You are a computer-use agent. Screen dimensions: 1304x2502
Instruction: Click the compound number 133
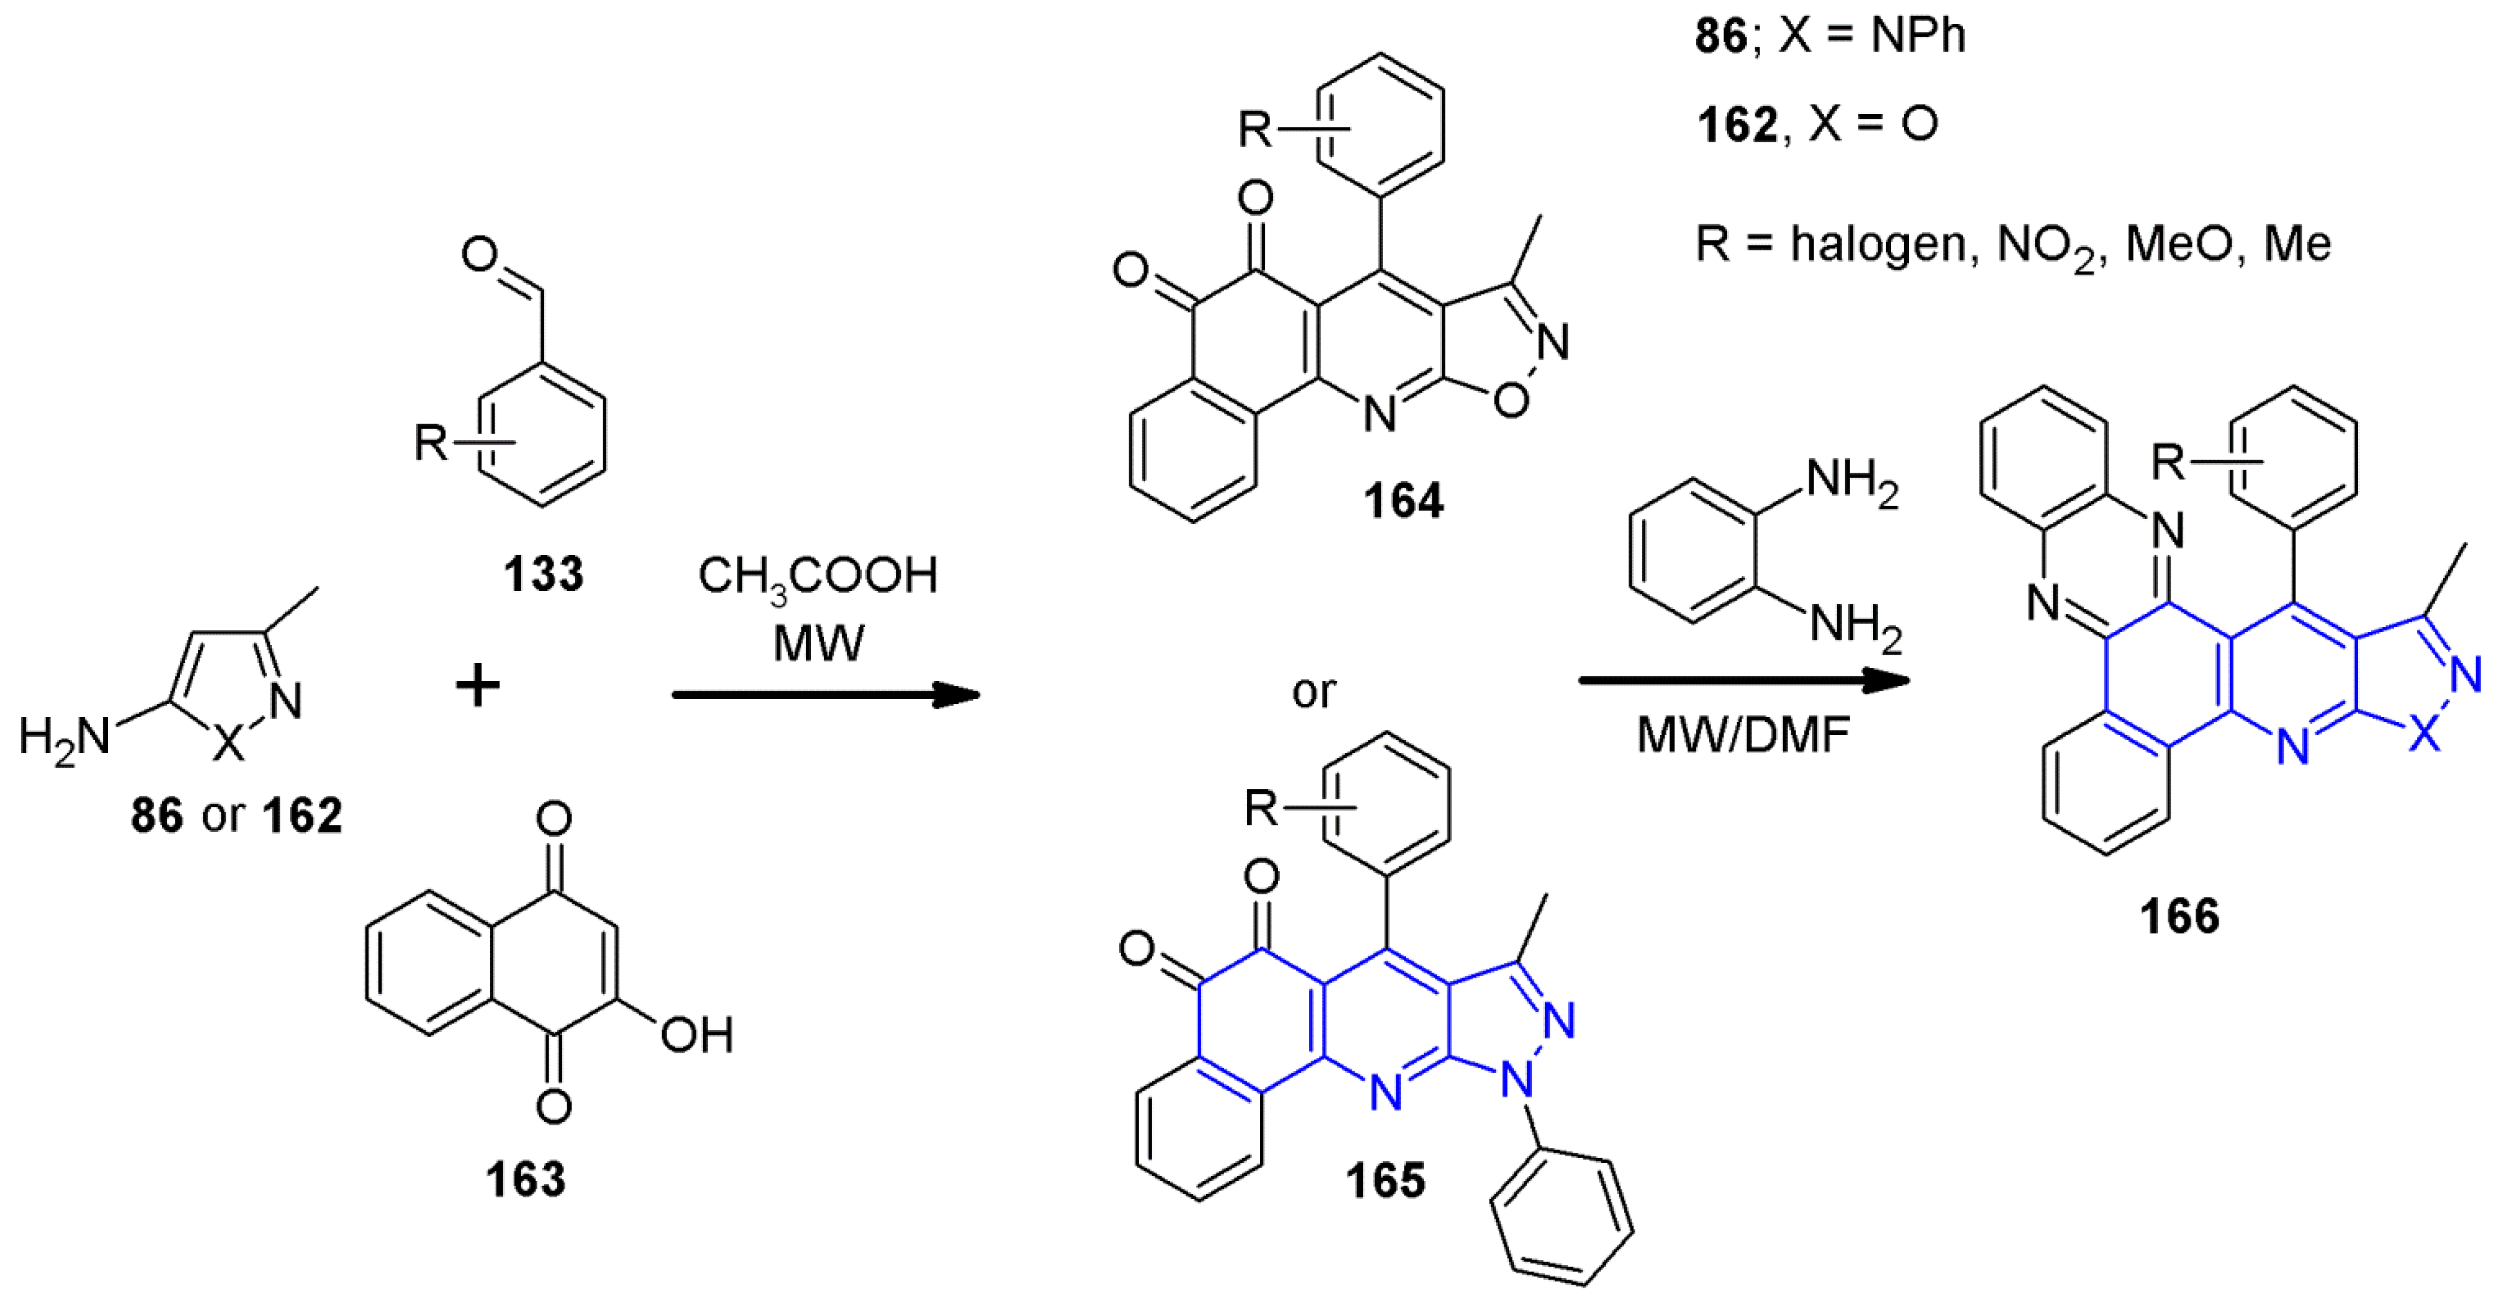pos(543,573)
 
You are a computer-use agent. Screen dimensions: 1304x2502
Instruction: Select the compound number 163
pos(525,1178)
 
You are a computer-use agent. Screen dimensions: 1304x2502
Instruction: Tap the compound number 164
pos(1402,500)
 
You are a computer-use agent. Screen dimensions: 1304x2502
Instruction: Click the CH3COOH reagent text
pos(818,576)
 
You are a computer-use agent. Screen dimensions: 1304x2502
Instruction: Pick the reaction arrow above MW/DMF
pos(1743,680)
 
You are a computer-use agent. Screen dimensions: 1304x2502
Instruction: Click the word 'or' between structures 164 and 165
pos(1313,692)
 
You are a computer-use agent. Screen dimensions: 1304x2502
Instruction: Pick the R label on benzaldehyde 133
pos(430,443)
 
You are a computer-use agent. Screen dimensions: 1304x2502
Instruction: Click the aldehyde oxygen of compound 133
pos(480,255)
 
